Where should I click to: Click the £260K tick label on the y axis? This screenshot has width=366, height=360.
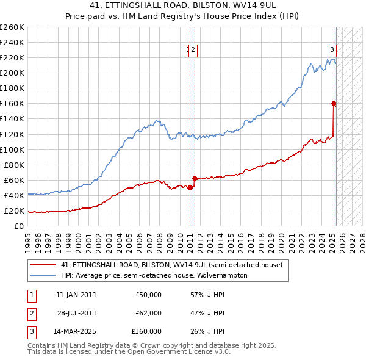12,27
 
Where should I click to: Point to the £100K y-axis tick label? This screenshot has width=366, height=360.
12,149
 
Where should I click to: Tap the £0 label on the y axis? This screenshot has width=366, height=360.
18,226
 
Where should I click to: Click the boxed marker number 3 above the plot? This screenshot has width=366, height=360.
332,50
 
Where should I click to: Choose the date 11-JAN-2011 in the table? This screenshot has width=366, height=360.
76,295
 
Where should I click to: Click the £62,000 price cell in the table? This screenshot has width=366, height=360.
148,313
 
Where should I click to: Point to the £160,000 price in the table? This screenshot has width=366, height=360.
146,331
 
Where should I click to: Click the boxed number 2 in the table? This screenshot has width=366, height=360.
30,313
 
